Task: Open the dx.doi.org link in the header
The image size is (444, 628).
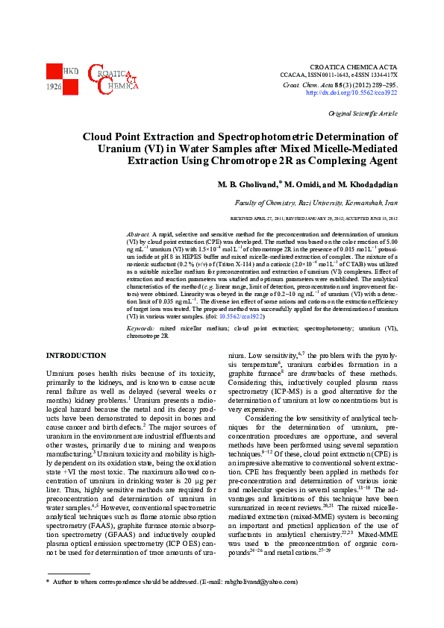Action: [351, 92]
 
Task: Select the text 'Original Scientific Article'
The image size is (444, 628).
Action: [363, 113]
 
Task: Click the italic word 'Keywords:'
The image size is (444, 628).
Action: [141, 328]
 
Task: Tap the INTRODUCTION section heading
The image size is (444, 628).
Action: [75, 356]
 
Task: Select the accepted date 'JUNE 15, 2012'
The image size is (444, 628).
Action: [378, 219]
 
